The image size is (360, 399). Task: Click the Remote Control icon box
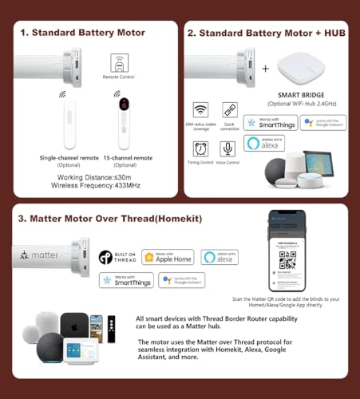[x=120, y=66]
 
